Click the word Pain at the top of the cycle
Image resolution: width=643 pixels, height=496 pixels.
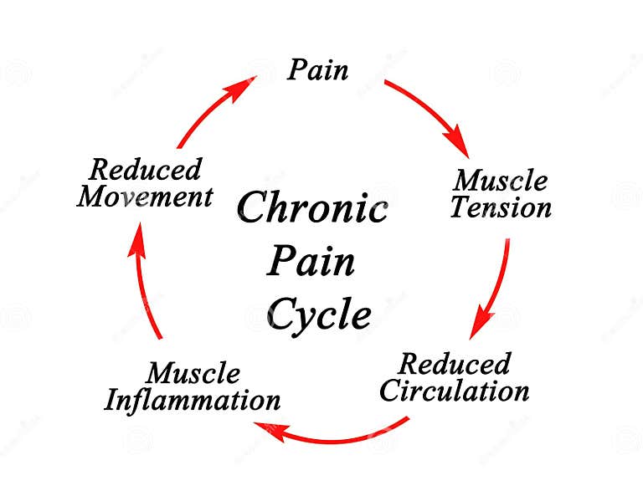[317, 69]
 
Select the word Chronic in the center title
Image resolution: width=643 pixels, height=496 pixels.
[312, 207]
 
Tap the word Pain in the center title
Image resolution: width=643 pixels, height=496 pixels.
[311, 261]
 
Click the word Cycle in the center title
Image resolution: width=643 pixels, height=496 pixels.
[318, 315]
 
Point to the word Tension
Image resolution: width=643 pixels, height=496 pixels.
[501, 207]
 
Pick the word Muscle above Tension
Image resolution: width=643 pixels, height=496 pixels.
[501, 180]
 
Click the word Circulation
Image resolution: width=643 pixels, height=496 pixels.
[455, 391]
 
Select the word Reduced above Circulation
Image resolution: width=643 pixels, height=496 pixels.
[454, 364]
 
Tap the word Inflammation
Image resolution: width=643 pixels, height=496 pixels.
[192, 400]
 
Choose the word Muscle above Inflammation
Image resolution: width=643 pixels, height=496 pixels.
[193, 373]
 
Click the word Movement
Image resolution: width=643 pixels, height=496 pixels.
[145, 197]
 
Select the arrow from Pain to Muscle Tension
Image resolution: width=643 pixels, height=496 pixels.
[429, 112]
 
